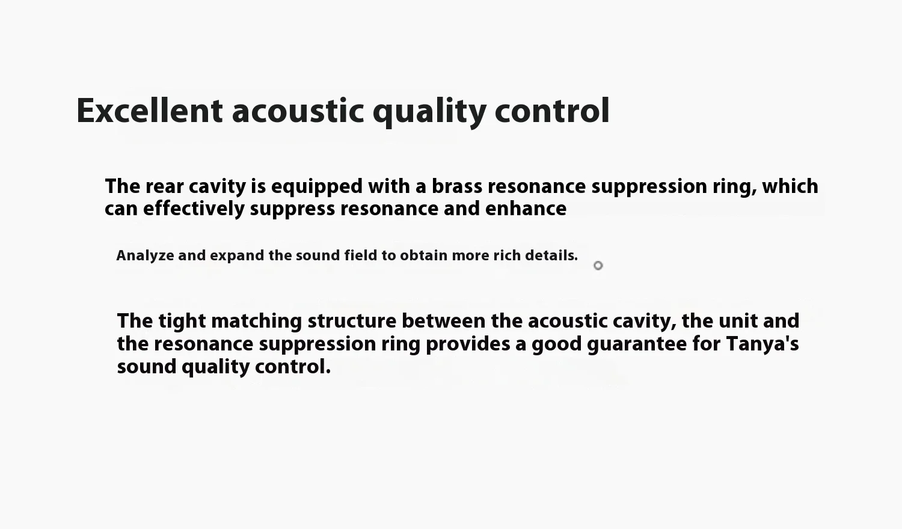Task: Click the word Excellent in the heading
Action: click(x=149, y=111)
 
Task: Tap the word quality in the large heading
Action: click(x=429, y=112)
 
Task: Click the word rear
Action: click(x=165, y=187)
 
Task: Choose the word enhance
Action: click(x=526, y=209)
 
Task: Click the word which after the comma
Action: click(x=790, y=186)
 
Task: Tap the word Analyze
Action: click(x=145, y=256)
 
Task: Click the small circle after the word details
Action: click(x=598, y=266)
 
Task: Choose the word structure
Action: click(x=352, y=321)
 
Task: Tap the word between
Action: click(x=443, y=321)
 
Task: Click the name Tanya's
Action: click(x=762, y=344)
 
